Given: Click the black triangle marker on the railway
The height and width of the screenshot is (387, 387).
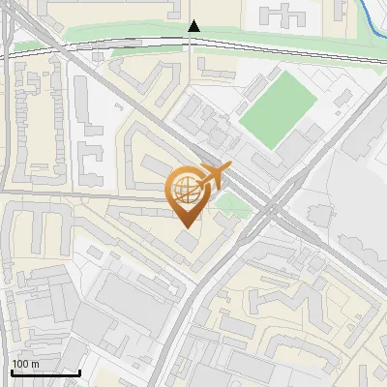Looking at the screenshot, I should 193,26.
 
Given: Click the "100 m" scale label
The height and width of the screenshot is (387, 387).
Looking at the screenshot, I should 25,364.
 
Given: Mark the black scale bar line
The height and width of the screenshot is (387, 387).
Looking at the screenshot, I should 45,372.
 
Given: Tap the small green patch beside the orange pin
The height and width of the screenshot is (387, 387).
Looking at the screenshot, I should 231,203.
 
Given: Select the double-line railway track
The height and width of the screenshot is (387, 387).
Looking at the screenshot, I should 97,42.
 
